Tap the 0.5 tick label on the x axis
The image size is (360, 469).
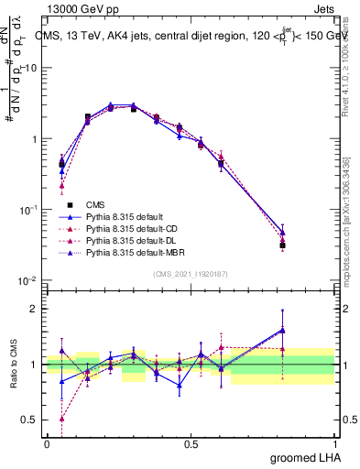click(191, 443)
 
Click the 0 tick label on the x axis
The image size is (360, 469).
click(47, 443)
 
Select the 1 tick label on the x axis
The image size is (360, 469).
click(334, 443)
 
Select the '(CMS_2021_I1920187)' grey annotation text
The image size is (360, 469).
click(191, 273)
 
